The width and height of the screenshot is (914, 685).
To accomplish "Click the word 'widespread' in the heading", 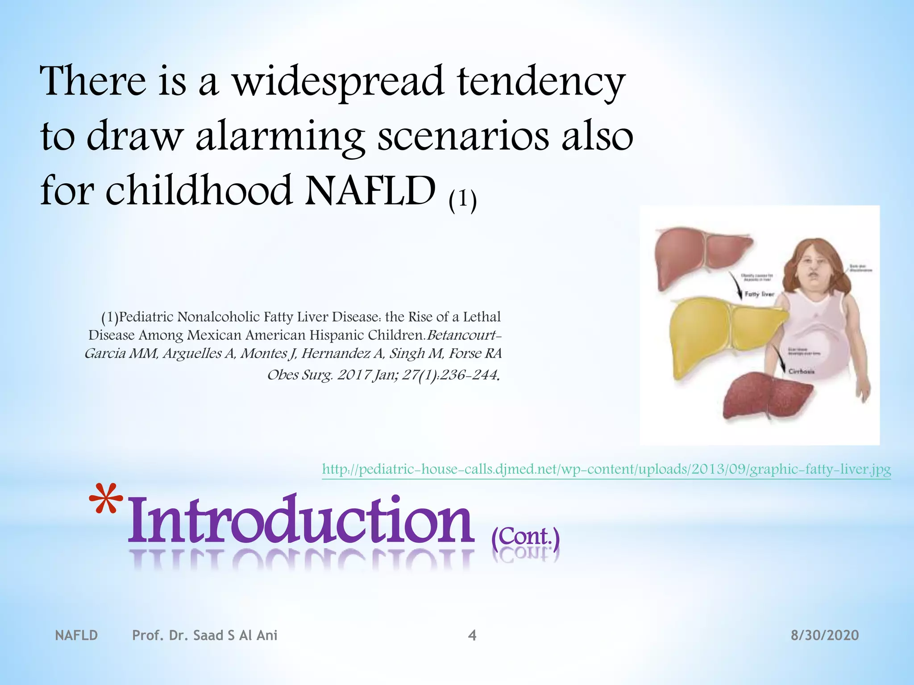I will tap(338, 83).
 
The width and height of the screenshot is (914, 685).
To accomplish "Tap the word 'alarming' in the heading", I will tap(280, 137).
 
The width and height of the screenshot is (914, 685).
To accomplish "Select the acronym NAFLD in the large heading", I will tap(370, 191).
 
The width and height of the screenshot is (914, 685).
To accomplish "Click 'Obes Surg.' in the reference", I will tap(300, 375).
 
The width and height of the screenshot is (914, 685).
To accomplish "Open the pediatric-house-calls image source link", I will tap(606, 469).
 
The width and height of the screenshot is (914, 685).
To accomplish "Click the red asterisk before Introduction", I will tap(106, 502).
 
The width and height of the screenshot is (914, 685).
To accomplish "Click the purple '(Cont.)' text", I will tap(525, 537).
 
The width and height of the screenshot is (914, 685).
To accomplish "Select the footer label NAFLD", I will tap(76, 635).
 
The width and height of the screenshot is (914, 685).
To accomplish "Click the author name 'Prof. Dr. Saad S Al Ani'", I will tap(204, 635).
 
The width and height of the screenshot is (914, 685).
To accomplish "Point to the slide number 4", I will tap(472, 635).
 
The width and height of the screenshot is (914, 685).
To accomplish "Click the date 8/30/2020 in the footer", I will tap(824, 635).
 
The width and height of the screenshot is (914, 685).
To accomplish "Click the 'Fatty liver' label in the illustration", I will tap(759, 294).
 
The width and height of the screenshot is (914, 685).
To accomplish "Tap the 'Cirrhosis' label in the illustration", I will tap(802, 371).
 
